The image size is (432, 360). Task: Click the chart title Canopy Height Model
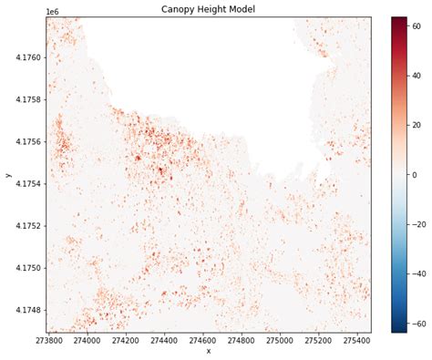(x=208, y=9)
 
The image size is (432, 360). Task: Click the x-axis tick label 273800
(x=47, y=341)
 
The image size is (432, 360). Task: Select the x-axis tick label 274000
(x=87, y=341)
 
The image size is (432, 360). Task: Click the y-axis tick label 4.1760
(x=26, y=57)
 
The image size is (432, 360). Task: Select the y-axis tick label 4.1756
(x=26, y=142)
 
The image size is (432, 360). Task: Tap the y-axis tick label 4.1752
(x=26, y=226)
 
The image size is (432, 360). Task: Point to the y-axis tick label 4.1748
(x=26, y=310)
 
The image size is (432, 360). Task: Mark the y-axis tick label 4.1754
(x=26, y=184)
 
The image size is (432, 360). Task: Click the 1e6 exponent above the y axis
(x=52, y=11)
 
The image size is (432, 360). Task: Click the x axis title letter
(x=208, y=352)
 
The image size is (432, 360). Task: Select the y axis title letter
(x=7, y=174)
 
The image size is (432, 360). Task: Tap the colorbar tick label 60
(x=416, y=26)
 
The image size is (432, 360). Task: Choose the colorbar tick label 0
(x=413, y=175)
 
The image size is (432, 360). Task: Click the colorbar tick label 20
(x=416, y=125)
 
